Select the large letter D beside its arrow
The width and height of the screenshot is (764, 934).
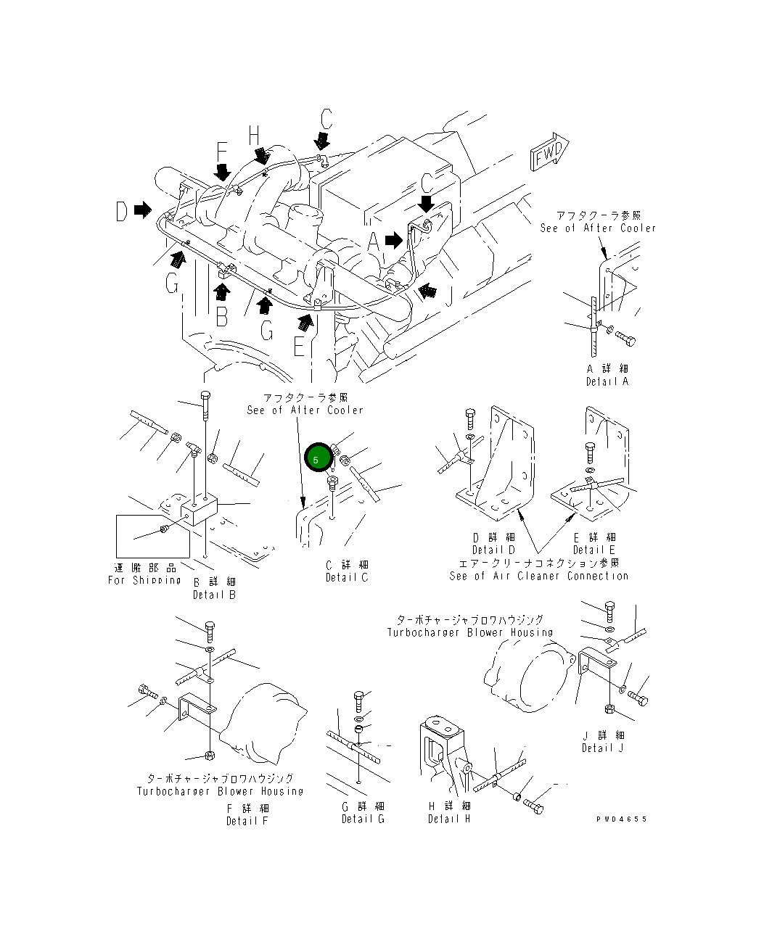coord(122,211)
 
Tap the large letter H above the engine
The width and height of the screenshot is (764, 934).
coord(253,136)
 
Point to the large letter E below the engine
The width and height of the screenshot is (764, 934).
coord(300,348)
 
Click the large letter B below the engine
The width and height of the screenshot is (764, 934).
coord(222,317)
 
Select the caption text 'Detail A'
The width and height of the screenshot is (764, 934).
coord(607,381)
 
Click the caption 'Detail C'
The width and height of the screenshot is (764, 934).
coord(347,577)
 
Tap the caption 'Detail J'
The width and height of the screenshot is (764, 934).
coord(602,748)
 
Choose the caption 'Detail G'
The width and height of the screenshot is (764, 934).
coord(363,819)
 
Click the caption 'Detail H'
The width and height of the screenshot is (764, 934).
coord(448,819)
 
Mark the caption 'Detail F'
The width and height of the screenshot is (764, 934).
coord(247,821)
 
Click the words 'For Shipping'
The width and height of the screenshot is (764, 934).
coord(144,580)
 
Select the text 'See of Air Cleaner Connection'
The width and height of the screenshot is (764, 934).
coord(538,576)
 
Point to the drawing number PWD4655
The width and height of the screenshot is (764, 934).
coord(621,819)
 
